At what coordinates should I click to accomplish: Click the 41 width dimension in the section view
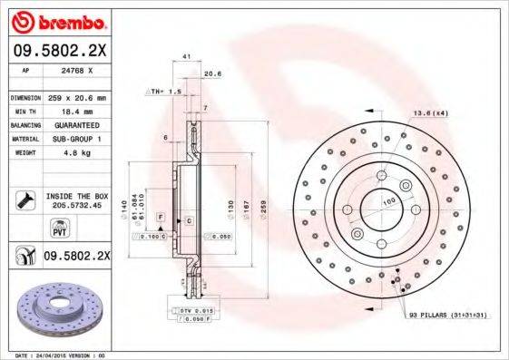point(186,57)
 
